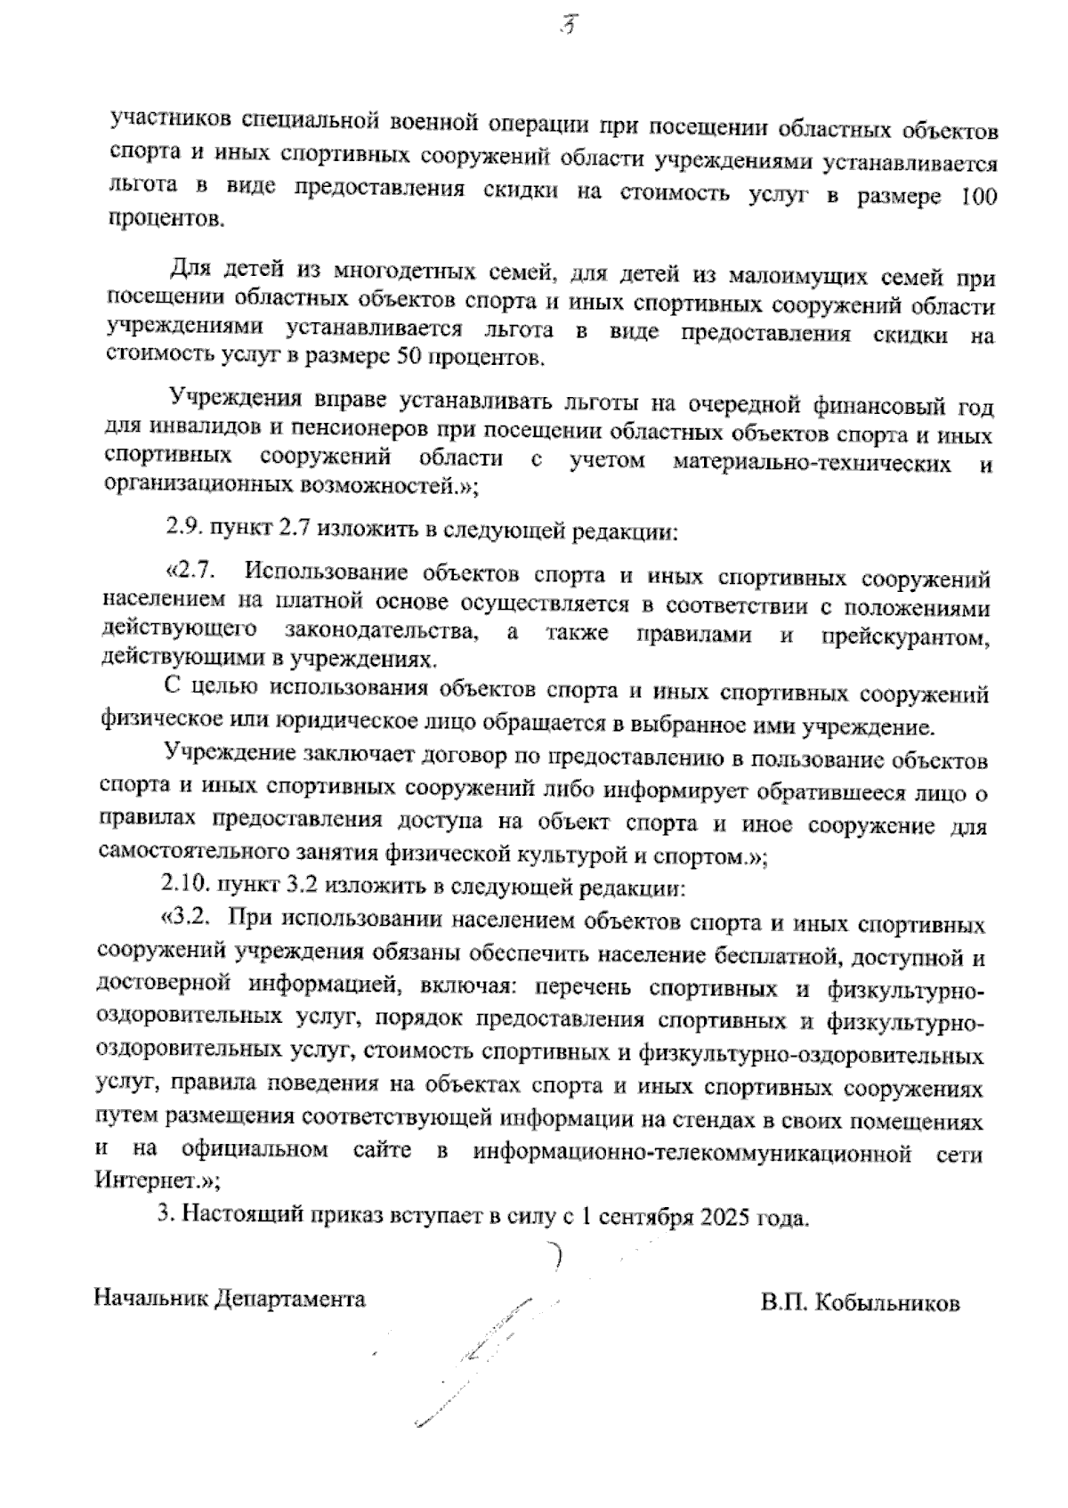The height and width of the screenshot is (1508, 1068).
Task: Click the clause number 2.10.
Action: coord(186,886)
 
